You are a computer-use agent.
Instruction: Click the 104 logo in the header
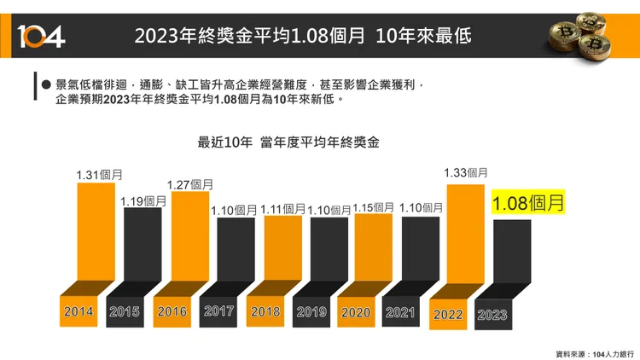point(40,36)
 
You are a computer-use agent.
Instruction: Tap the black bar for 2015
point(142,247)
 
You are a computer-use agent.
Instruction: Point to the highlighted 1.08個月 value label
point(528,204)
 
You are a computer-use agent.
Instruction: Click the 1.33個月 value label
point(466,172)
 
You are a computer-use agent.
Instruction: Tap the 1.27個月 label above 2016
point(190,183)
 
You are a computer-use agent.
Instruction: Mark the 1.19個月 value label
point(143,201)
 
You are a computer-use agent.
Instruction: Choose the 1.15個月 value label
point(374,207)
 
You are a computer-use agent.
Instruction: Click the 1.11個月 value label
point(283,209)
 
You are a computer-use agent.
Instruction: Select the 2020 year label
point(356,312)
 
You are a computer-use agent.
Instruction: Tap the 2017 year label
point(219,311)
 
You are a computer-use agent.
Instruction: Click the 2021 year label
point(400,312)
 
